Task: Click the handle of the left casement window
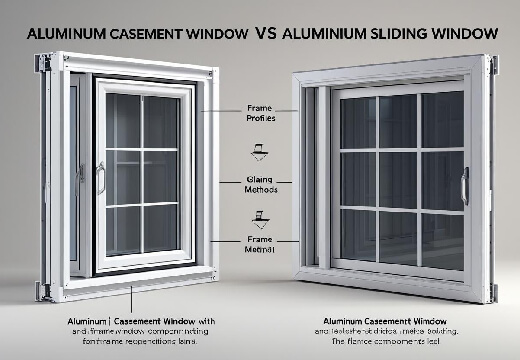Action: (100, 178)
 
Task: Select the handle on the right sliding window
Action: (464, 186)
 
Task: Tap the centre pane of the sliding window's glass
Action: (398, 179)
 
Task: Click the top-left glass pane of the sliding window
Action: (358, 121)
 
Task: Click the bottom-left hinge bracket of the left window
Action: (43, 289)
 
